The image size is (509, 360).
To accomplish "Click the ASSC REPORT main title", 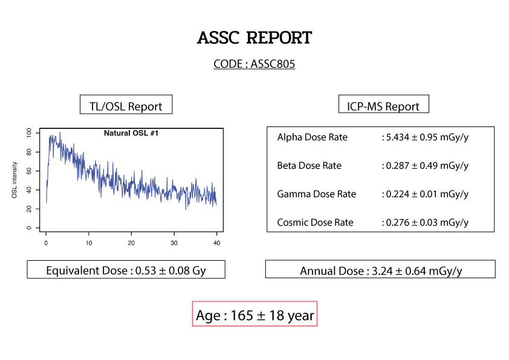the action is tap(254, 38).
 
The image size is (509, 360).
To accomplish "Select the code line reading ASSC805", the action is tap(254, 64).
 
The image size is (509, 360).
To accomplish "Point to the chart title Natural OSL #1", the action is tap(131, 133).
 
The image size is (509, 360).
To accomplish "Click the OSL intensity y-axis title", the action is tap(15, 180).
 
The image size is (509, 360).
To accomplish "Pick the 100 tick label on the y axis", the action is tap(29, 133).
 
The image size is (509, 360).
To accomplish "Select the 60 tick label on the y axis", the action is tap(29, 171).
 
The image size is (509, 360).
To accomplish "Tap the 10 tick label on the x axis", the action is tap(89, 243).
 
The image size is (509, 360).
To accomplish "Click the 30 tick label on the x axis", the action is tap(174, 243).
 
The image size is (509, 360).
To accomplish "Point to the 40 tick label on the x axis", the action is tap(217, 243).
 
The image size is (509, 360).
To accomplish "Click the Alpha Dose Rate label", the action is tap(313, 137).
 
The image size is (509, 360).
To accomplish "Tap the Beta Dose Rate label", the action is tap(310, 166).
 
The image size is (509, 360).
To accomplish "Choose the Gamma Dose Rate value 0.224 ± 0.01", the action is tap(412, 194).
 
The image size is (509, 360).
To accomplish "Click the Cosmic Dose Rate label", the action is tap(315, 223).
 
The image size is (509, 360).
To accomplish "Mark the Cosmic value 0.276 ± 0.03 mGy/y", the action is tap(427, 223).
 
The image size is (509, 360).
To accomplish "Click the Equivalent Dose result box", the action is tap(126, 269).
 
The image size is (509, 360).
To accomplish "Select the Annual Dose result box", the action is tap(380, 269).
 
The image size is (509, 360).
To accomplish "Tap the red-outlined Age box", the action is tap(255, 313).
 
